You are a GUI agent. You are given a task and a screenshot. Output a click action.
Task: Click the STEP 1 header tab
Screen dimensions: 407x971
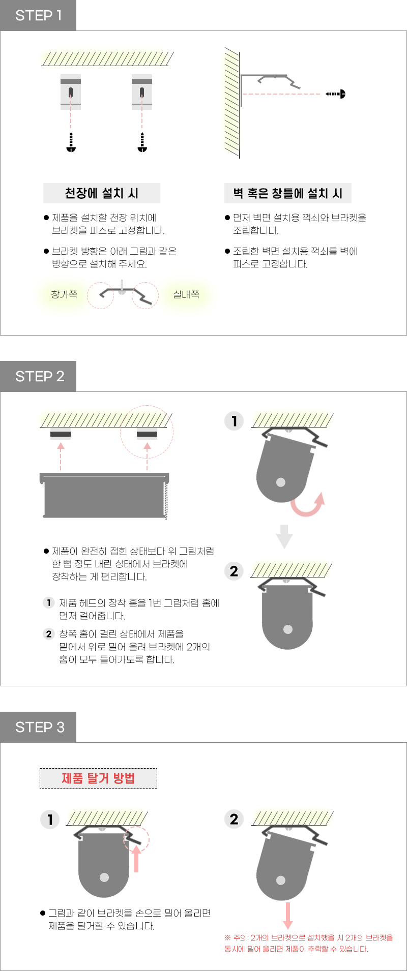pos(38,15)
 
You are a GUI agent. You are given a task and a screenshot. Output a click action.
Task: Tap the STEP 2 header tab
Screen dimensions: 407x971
pos(38,376)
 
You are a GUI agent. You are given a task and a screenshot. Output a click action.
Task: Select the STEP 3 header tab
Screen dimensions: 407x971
pos(38,727)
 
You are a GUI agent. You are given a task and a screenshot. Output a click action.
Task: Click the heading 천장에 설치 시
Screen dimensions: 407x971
pos(102,193)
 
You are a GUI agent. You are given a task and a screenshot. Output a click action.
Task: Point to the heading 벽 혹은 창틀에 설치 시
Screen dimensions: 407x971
pos(288,193)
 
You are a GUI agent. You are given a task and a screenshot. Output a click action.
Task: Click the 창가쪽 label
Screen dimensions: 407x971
pos(64,294)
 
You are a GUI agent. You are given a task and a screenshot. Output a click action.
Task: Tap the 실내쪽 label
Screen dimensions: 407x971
pos(186,294)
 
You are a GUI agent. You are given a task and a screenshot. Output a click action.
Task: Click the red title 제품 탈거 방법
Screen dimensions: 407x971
pos(98,778)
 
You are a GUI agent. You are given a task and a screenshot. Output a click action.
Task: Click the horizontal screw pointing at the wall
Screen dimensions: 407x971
pos(336,94)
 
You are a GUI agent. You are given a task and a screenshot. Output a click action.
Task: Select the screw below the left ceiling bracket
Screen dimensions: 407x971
pos(71,142)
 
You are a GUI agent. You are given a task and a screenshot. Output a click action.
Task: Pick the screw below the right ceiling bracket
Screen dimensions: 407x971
pos(142,142)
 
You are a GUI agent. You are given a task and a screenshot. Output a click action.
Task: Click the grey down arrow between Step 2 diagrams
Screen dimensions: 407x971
pos(284,536)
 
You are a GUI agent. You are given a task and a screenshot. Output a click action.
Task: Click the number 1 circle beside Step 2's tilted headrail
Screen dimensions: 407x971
pos(234,421)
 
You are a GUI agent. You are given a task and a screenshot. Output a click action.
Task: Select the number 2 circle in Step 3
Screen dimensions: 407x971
pos(234,819)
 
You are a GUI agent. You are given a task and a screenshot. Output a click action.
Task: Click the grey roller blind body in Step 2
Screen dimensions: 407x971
pos(104,496)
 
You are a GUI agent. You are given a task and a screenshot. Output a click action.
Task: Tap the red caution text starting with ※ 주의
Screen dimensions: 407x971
pos(309,943)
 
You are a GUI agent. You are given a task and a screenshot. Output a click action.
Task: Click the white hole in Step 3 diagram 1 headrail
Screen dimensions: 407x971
pos(104,877)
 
